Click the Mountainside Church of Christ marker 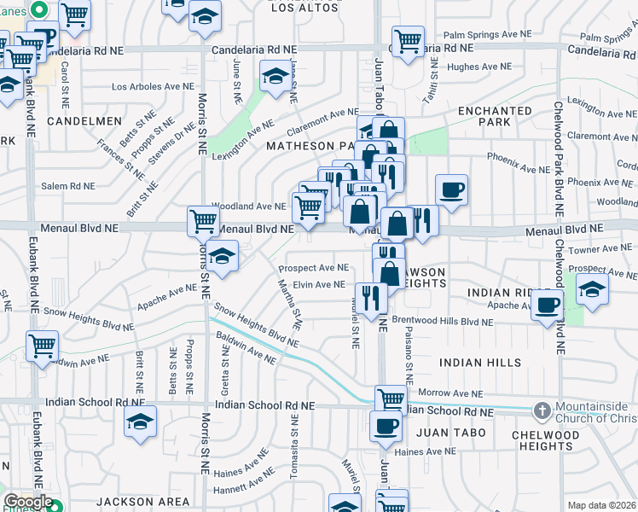pos(542,411)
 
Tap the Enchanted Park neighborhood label pos(495,117)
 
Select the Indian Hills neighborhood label pos(480,363)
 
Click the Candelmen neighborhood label pos(84,121)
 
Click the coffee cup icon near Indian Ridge pos(547,305)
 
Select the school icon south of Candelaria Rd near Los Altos pos(275,77)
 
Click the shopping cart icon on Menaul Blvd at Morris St pos(204,220)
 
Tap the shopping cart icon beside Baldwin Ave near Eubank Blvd pos(42,346)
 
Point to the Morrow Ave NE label pos(451,393)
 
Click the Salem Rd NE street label pos(69,185)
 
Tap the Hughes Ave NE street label pos(478,66)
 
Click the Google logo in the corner pos(27,502)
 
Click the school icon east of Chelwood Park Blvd pos(592,288)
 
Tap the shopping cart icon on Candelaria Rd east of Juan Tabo pos(408,40)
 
